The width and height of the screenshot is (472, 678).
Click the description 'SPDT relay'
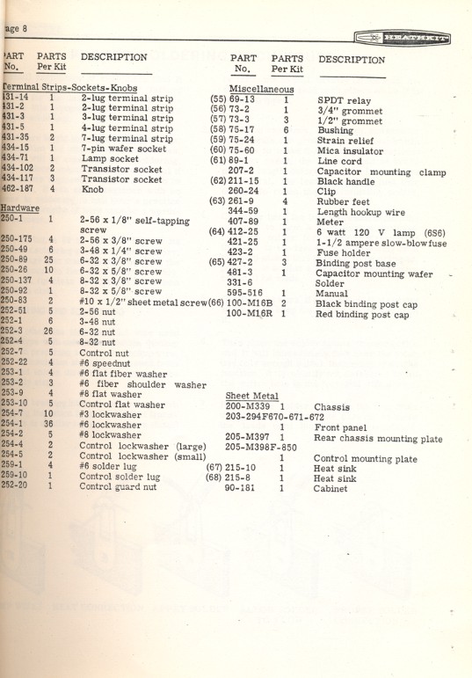click(x=345, y=101)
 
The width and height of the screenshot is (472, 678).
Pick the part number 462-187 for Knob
click(x=18, y=188)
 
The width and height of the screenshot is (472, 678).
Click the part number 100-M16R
click(x=250, y=314)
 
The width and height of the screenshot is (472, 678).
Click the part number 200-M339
click(x=249, y=407)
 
